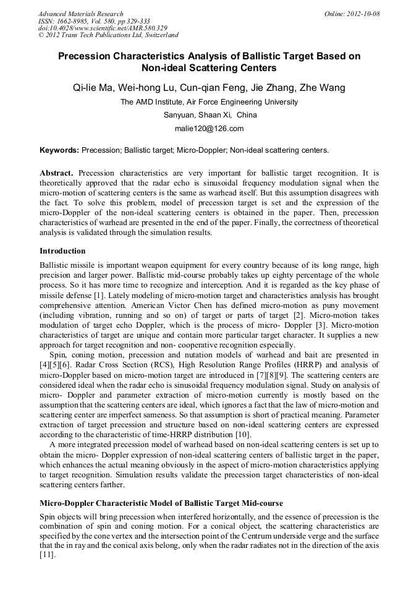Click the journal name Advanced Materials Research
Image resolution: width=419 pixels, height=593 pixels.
[x=80, y=14]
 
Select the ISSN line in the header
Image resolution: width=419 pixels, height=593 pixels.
[x=94, y=21]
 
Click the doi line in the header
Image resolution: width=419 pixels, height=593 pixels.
[x=103, y=28]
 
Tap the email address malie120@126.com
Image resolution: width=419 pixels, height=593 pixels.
[x=209, y=129]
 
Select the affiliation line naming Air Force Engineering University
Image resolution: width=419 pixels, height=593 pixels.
[x=209, y=102]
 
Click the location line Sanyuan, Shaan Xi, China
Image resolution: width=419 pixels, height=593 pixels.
[x=209, y=115]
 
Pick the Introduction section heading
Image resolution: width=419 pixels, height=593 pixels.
[x=62, y=251]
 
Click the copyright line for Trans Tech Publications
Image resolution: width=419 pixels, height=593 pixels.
[x=108, y=36]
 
